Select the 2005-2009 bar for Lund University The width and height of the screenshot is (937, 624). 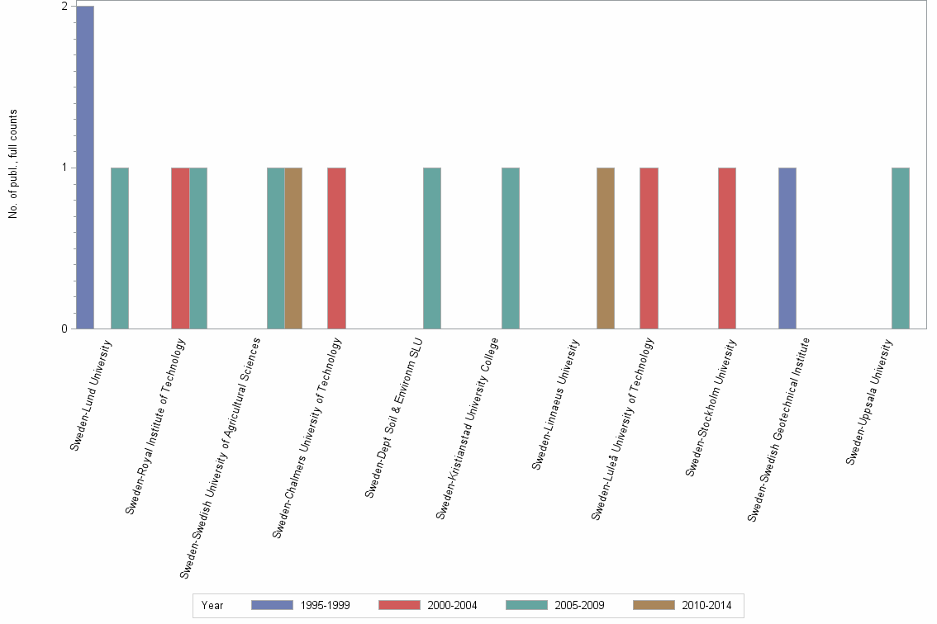click(x=120, y=248)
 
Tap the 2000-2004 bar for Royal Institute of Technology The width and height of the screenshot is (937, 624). click(x=180, y=248)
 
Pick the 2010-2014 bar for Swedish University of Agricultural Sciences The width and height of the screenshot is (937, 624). click(x=293, y=248)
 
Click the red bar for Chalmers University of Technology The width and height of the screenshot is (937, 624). click(x=336, y=248)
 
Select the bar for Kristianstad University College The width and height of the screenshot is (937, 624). click(x=511, y=248)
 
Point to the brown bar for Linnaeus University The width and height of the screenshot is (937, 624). click(x=606, y=248)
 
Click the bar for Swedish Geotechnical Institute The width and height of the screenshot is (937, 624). click(x=787, y=248)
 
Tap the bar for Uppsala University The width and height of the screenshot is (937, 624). click(x=901, y=248)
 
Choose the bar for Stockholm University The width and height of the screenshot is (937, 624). click(x=727, y=248)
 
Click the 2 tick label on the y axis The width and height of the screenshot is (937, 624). click(x=64, y=7)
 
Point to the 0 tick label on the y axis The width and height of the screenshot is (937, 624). click(x=64, y=329)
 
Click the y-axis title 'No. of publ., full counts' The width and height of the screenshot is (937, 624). click(x=13, y=165)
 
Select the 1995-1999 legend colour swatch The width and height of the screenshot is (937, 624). click(x=272, y=605)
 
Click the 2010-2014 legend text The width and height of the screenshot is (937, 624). click(x=706, y=605)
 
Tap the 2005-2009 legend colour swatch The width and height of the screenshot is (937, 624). click(x=526, y=605)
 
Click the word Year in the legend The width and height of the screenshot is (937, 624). click(x=212, y=605)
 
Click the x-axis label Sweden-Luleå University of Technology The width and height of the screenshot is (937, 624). click(x=625, y=428)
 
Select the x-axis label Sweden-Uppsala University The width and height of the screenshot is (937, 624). click(x=871, y=401)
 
